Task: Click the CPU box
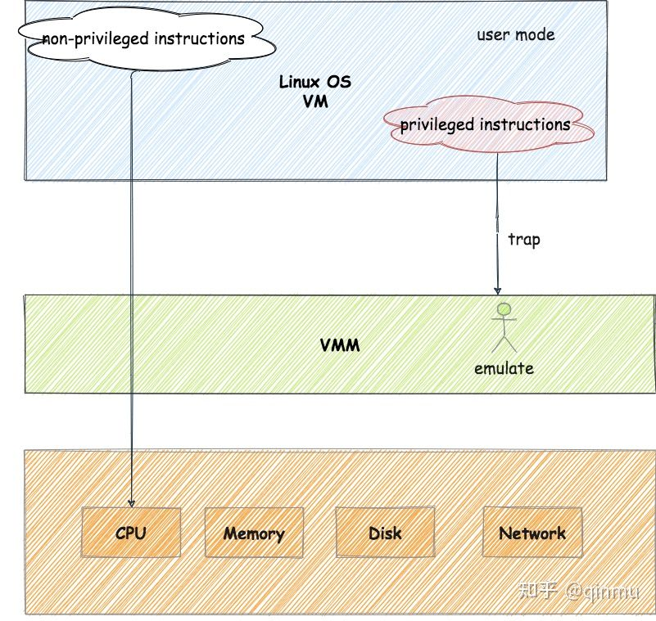(130, 533)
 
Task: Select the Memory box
(254, 533)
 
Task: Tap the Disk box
(385, 533)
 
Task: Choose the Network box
(532, 533)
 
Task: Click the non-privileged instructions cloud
(143, 38)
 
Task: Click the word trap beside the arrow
(524, 240)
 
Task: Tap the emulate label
(504, 368)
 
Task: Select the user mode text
(516, 34)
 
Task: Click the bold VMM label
(340, 344)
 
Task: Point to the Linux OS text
(315, 83)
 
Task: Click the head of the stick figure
(504, 310)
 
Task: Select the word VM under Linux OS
(315, 101)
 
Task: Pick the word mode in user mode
(536, 34)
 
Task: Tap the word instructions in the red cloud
(524, 125)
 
